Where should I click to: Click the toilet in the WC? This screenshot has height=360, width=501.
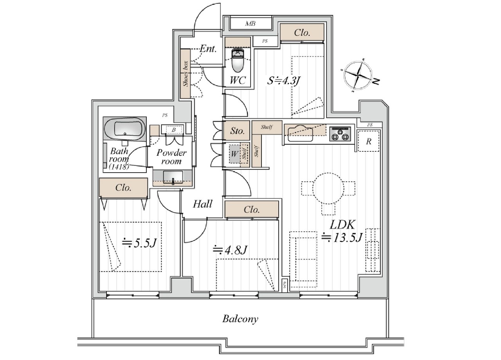point(237,60)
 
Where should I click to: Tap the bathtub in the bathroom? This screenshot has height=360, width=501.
point(125,129)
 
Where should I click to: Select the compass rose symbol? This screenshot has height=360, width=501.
point(358,76)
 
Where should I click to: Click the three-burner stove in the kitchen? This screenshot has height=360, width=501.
point(340,134)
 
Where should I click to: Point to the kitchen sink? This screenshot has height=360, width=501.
point(300,134)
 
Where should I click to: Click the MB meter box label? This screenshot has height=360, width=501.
point(250,23)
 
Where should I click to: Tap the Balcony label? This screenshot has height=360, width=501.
point(240,319)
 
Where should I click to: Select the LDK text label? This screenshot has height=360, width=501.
point(342,225)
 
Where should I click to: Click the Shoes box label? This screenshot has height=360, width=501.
point(186,74)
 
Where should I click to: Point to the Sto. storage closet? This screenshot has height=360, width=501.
point(237,131)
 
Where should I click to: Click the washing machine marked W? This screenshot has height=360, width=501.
point(234,154)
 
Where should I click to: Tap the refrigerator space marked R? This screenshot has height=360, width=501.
point(369,141)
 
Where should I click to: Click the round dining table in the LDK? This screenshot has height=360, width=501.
point(328,188)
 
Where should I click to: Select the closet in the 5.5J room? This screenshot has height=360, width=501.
point(123,188)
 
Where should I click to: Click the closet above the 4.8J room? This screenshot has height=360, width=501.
point(252,209)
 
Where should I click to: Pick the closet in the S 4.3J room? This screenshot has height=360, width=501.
point(302,32)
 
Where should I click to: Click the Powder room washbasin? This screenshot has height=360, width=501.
point(173,177)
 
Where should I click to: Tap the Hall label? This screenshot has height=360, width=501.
point(202,204)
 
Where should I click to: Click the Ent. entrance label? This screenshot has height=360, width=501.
point(208,49)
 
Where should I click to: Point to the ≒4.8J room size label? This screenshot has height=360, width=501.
point(230,250)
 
